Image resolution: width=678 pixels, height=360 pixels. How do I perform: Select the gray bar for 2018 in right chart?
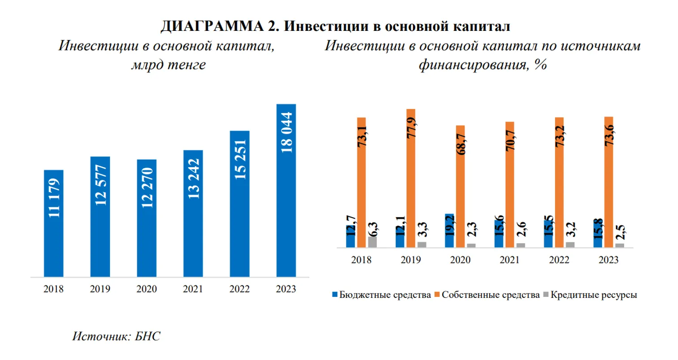tap(372, 242)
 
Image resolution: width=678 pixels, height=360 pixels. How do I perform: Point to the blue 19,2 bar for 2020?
tap(449, 231)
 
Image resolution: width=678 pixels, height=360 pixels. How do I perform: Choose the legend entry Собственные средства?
tap(490, 295)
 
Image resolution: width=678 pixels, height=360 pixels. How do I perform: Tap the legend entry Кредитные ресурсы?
tap(593, 295)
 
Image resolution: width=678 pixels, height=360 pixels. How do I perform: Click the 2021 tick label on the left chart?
tap(193, 289)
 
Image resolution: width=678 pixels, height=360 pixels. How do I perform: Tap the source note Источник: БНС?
tap(116, 336)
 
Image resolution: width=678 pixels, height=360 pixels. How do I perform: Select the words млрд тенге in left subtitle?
tap(168, 65)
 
